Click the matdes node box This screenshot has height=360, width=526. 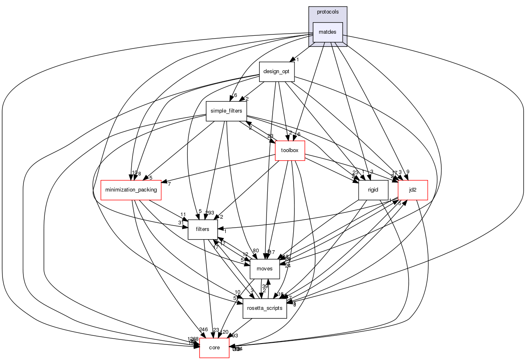[x=328, y=32]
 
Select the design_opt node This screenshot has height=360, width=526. [x=276, y=72]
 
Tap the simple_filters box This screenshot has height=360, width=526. [x=226, y=111]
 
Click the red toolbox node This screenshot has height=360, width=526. [x=290, y=150]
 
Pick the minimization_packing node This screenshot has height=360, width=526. [x=131, y=190]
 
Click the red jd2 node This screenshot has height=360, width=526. [x=413, y=190]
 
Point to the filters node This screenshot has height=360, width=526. [x=203, y=229]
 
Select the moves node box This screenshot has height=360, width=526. [x=265, y=269]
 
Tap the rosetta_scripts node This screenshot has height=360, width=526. [x=265, y=308]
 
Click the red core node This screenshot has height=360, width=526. [x=214, y=348]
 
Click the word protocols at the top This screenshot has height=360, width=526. [x=328, y=12]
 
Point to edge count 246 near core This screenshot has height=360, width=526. [x=203, y=330]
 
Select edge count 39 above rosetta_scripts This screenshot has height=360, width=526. [x=265, y=286]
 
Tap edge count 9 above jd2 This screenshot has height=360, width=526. [x=408, y=172]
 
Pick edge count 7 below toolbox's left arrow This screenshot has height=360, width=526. [x=169, y=183]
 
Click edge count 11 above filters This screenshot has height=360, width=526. [x=183, y=215]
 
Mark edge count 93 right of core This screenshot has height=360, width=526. [x=235, y=336]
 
